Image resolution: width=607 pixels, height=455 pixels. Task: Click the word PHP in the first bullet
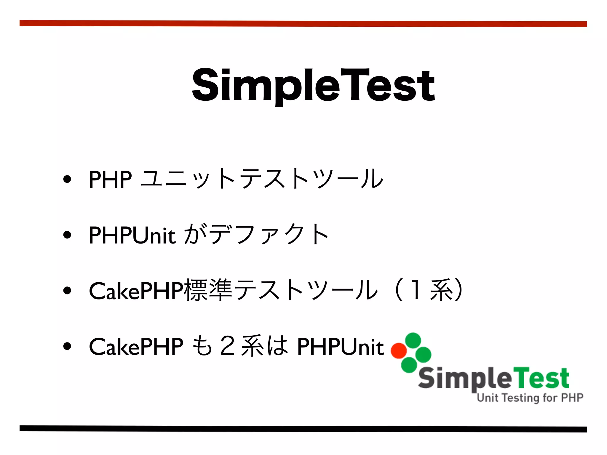(110, 180)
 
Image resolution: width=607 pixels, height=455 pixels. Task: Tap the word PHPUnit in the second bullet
(132, 235)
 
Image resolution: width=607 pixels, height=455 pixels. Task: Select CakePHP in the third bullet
(136, 291)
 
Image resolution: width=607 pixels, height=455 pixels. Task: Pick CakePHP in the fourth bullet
(136, 347)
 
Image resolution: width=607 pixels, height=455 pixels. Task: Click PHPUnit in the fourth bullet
(341, 347)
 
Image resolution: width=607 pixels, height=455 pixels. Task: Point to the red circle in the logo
(398, 350)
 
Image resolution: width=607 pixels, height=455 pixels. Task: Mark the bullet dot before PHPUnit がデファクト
(67, 235)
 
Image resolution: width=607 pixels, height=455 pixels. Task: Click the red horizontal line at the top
(303, 24)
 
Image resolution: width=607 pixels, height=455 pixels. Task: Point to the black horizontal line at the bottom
(303, 429)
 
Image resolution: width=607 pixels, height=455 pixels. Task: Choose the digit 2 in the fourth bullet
(228, 347)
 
